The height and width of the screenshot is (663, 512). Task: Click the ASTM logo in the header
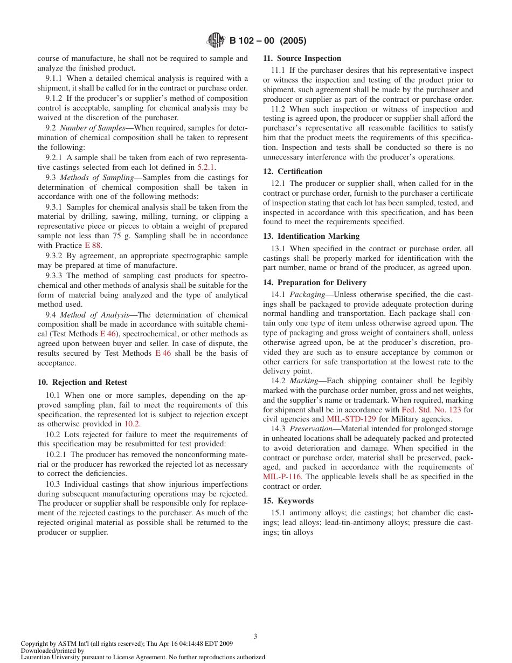(217, 40)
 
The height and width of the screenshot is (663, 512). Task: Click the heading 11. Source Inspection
(302, 58)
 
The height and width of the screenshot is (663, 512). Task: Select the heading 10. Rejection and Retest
(82, 382)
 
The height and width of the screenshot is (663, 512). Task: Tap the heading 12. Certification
(293, 171)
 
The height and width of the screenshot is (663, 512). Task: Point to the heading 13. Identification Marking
(311, 236)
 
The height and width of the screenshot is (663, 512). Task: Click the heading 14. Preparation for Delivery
(314, 282)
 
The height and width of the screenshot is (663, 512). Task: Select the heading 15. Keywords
(288, 501)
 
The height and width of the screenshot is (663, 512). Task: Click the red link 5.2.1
(205, 168)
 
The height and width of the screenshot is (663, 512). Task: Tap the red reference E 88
(93, 246)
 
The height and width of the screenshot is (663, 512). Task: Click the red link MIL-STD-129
(351, 419)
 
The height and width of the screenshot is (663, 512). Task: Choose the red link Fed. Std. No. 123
(431, 410)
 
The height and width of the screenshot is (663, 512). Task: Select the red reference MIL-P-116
(282, 476)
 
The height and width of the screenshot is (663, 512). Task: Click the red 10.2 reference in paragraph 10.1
(132, 424)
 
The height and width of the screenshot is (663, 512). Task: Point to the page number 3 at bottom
(255, 636)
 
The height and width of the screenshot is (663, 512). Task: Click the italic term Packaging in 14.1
(307, 294)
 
